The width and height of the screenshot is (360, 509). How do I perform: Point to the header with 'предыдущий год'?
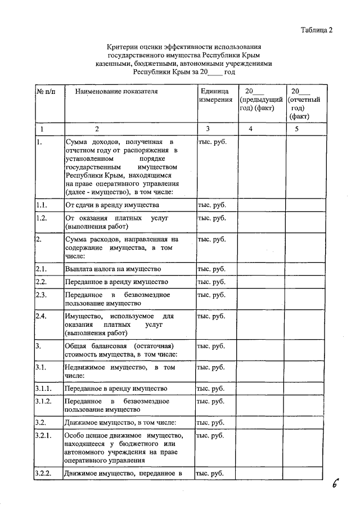click(260, 100)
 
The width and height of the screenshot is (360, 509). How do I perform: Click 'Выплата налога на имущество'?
click(113, 269)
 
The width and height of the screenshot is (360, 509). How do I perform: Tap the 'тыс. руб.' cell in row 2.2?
click(211, 281)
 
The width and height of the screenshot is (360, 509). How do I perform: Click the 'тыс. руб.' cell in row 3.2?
click(211, 422)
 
